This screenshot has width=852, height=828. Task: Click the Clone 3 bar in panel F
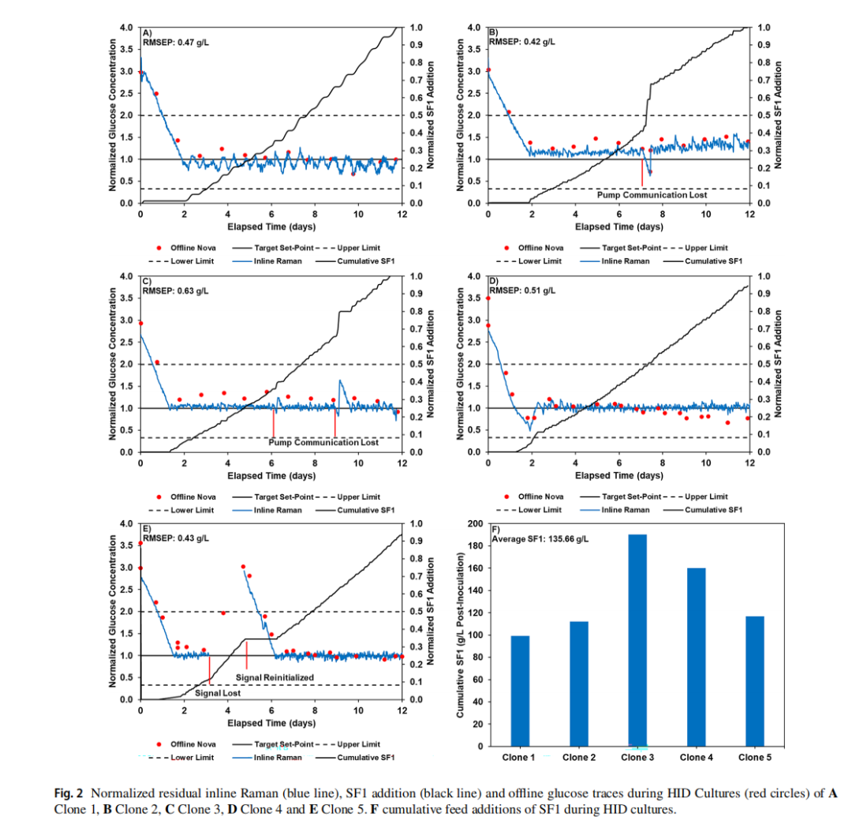(637, 640)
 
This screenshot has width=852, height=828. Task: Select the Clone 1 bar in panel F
(520, 691)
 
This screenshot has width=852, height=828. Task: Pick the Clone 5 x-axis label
(755, 758)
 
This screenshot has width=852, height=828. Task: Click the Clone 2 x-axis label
(579, 758)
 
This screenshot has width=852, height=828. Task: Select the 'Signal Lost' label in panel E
(218, 693)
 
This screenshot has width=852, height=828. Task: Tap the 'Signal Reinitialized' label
(275, 677)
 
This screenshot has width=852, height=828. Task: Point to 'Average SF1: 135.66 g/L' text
(540, 539)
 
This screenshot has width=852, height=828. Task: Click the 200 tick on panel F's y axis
(476, 524)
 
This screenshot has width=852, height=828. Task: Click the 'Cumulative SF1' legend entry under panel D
(713, 510)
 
